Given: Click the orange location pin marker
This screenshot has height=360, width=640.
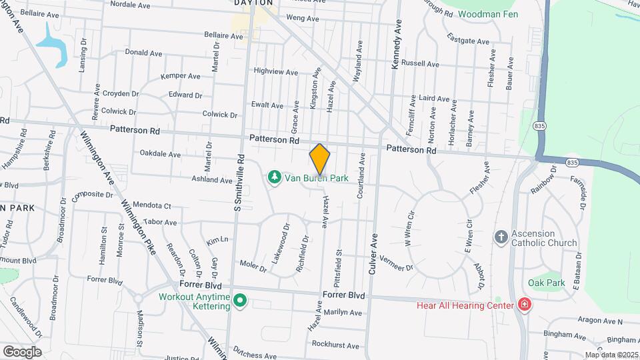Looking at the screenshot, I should (x=320, y=159).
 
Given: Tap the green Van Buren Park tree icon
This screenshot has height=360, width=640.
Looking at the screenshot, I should (x=273, y=177).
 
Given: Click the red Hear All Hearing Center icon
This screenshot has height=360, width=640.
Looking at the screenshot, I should (x=525, y=305).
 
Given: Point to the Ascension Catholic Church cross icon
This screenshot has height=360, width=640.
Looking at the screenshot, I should (x=501, y=237).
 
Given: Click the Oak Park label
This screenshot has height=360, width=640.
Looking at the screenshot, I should (x=547, y=283).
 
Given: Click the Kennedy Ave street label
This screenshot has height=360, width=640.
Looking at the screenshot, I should (x=398, y=41).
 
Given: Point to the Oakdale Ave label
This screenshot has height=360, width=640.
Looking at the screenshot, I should (x=160, y=154).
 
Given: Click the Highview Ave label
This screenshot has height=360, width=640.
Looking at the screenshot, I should (x=276, y=71).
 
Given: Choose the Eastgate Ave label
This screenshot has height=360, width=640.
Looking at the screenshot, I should (x=468, y=40).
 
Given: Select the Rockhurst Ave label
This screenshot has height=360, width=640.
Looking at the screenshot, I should (x=335, y=345).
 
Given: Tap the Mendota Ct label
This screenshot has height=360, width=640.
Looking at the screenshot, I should (x=152, y=205).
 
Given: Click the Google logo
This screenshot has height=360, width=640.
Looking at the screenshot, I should (x=22, y=351).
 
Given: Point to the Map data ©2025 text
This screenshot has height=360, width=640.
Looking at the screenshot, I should (x=611, y=355).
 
